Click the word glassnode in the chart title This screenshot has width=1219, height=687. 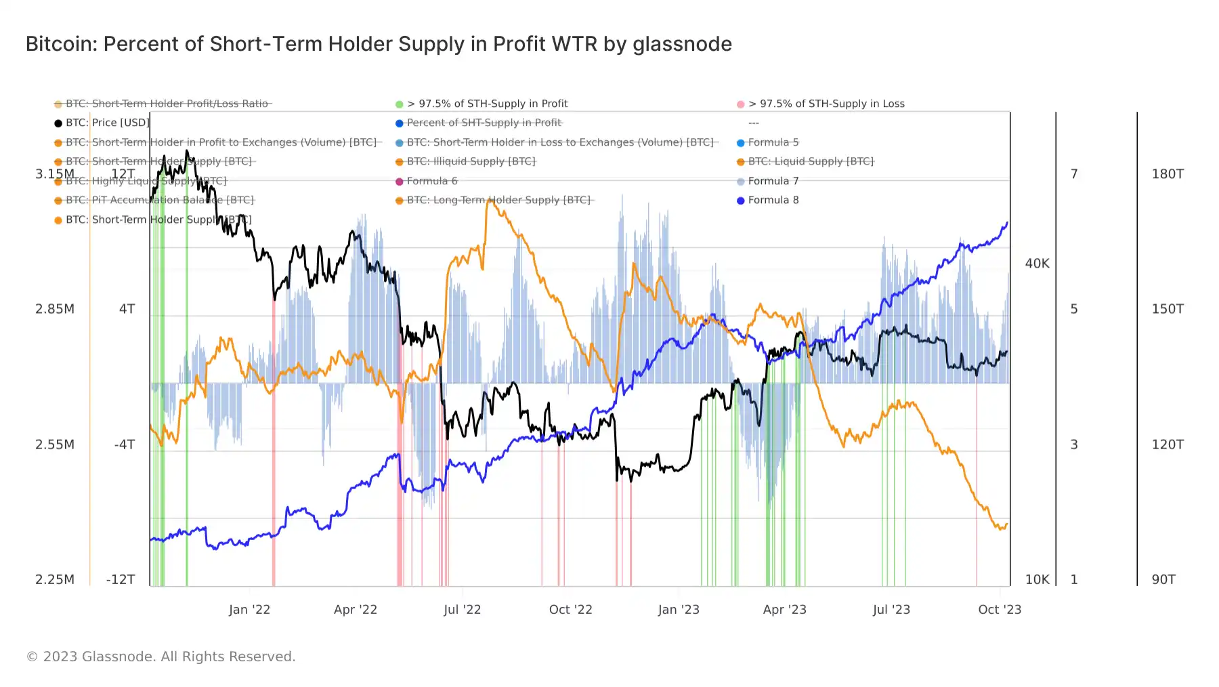click(682, 44)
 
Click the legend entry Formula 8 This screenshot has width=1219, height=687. click(773, 200)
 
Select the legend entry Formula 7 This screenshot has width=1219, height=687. click(773, 181)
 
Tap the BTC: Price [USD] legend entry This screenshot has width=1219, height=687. click(107, 123)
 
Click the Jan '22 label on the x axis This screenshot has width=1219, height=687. click(249, 610)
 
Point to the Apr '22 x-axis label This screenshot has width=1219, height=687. click(356, 610)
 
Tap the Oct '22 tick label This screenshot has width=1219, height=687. click(570, 610)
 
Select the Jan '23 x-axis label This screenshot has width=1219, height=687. click(679, 610)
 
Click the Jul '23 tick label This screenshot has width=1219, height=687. click(891, 610)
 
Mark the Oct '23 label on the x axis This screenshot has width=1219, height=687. click(1000, 610)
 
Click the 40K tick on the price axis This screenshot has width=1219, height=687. click(1037, 264)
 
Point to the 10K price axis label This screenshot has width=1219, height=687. click(1037, 580)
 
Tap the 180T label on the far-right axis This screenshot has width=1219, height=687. click(1168, 174)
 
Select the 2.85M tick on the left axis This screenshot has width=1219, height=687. click(55, 309)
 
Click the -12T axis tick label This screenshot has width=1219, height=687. click(121, 580)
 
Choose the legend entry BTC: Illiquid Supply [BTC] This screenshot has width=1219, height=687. click(471, 161)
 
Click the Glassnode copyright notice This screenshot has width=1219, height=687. click(161, 657)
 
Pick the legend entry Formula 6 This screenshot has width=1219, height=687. click(431, 181)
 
